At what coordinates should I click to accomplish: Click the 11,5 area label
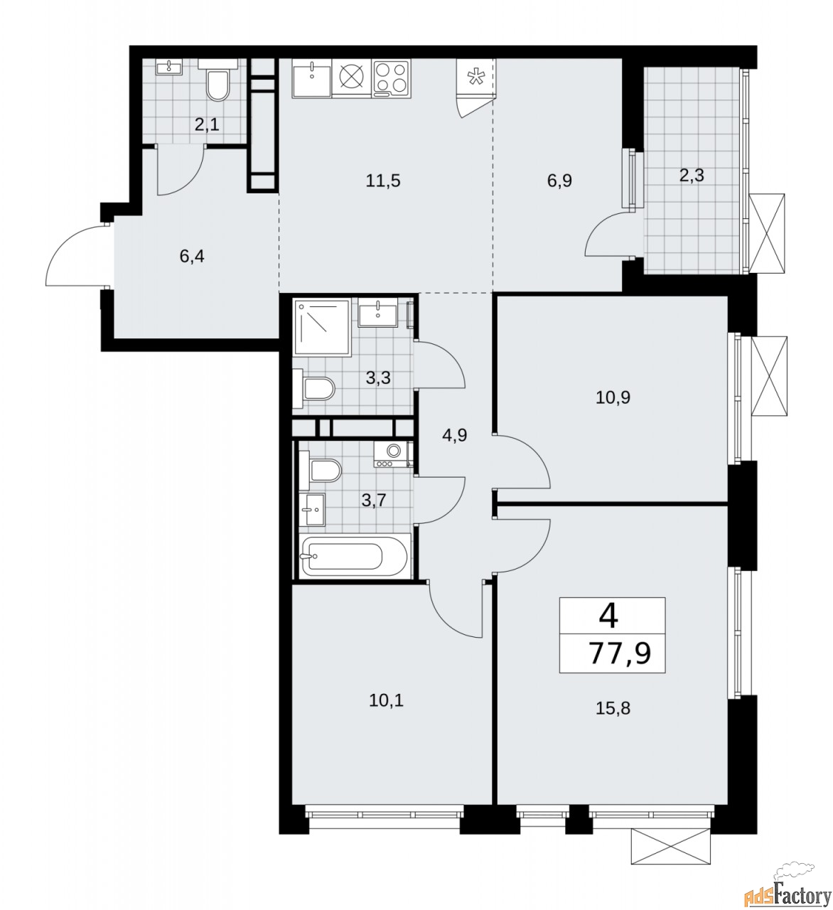(383, 181)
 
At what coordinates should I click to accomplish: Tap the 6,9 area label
(559, 181)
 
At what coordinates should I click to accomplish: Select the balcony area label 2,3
(691, 175)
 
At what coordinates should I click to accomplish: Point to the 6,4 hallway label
(191, 256)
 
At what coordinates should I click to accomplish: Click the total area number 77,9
(619, 653)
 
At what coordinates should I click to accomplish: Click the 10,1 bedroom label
(386, 700)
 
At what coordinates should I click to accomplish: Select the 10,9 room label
(613, 397)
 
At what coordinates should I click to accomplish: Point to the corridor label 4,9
(454, 435)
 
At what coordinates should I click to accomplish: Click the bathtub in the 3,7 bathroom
(355, 555)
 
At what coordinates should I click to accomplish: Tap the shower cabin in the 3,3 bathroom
(322, 326)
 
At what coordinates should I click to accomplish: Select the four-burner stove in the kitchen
(391, 78)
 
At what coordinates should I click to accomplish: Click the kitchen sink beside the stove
(312, 78)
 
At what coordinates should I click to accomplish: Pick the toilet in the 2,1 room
(217, 81)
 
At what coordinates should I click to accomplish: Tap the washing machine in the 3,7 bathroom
(392, 454)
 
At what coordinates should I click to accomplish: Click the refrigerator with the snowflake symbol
(476, 77)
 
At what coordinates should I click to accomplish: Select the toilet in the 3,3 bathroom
(313, 388)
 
